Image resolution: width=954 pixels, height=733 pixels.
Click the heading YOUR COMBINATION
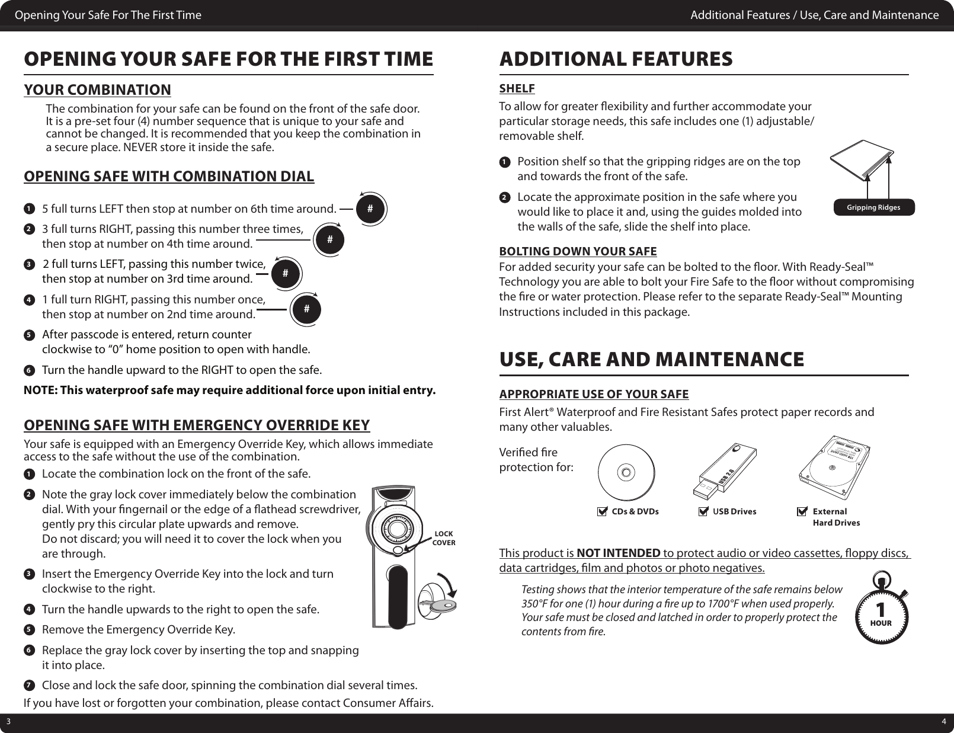[x=97, y=90]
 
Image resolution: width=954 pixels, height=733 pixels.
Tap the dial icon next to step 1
[x=370, y=209]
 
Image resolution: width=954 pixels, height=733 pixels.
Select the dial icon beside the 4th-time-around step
[x=329, y=239]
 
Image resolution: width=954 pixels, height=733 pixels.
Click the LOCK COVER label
[x=443, y=538]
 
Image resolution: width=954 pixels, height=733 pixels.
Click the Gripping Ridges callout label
[x=873, y=207]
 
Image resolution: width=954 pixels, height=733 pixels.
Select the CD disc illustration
[x=626, y=472]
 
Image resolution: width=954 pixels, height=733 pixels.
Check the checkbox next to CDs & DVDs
[x=603, y=511]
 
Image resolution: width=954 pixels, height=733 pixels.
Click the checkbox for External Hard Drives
[x=803, y=511]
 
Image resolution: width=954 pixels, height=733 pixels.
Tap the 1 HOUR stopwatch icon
[x=881, y=610]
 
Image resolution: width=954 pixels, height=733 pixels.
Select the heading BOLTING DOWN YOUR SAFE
[x=578, y=252]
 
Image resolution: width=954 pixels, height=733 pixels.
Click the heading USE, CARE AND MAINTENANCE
[x=652, y=359]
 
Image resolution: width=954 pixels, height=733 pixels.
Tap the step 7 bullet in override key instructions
[x=28, y=686]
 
